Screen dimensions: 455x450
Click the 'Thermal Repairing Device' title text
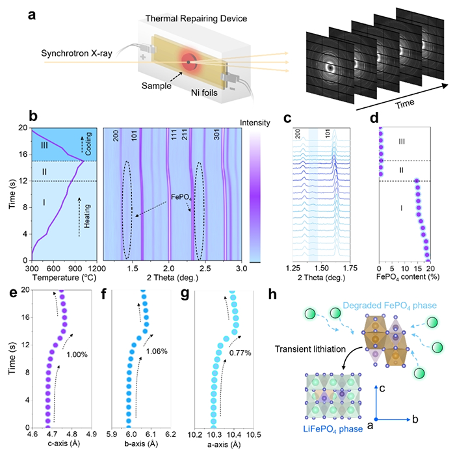[196, 19]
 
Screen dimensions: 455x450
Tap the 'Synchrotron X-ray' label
[77, 53]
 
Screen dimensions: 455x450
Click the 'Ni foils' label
[204, 92]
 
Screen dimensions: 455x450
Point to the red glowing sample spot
[189, 62]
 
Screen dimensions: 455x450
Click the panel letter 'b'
[33, 116]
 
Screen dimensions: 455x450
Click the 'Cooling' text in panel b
[88, 144]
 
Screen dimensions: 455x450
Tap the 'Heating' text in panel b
[86, 216]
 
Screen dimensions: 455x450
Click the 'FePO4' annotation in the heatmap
[181, 198]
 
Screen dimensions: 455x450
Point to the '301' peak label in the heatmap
[216, 135]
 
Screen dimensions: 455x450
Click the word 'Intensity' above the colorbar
[255, 123]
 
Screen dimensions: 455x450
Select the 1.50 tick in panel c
[321, 269]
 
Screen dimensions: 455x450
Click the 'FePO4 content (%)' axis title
[408, 277]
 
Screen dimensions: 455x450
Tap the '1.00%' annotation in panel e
[77, 354]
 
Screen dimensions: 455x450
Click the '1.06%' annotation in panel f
[157, 351]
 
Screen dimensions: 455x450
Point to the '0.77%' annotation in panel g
[240, 352]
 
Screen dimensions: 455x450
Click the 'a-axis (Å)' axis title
[224, 444]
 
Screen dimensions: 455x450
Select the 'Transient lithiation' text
[310, 349]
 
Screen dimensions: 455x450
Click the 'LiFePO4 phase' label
[333, 429]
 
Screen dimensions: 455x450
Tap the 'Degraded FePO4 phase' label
[390, 306]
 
